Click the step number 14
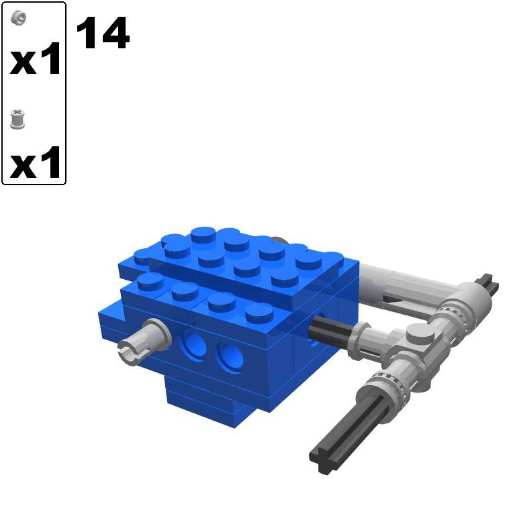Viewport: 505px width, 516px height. [102, 34]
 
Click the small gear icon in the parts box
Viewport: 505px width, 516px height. [19, 17]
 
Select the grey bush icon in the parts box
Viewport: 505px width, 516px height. [19, 121]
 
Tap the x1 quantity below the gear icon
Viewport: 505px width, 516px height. [36, 60]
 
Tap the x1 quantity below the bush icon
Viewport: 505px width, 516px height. [36, 164]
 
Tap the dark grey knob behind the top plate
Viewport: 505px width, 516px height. [280, 242]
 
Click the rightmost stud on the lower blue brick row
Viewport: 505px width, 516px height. [258, 313]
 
